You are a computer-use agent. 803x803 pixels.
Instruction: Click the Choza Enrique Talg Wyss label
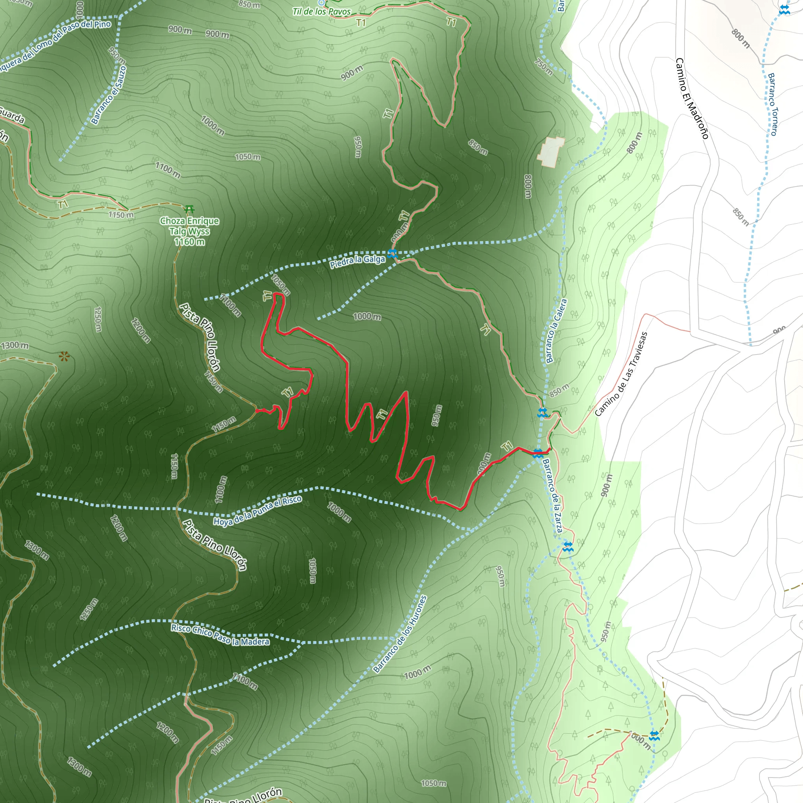coord(189,231)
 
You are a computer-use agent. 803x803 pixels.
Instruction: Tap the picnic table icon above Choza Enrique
coord(189,208)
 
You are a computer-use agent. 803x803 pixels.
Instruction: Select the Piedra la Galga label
coord(358,262)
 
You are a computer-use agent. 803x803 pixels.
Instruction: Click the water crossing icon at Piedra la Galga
coord(392,254)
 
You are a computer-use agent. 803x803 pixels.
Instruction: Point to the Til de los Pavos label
coord(321,12)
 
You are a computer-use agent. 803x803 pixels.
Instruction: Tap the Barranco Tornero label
coord(773,104)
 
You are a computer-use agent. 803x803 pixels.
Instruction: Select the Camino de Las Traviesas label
coord(621,374)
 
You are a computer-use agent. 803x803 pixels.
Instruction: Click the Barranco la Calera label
coord(556,331)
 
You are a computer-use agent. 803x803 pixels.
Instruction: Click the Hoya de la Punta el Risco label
coord(258,511)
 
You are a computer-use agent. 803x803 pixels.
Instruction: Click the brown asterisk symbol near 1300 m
coord(64,356)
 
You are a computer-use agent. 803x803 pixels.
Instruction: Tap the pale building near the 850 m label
coord(551,152)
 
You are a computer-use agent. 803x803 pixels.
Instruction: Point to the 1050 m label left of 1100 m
coord(247,157)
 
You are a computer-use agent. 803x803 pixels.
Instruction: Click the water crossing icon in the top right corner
coord(784,9)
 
